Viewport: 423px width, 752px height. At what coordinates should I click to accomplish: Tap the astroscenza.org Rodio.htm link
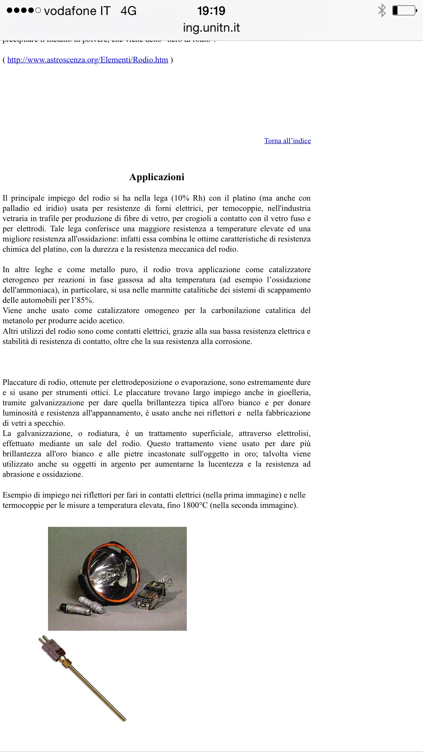click(88, 60)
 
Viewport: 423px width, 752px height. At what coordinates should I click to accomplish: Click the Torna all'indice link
click(287, 141)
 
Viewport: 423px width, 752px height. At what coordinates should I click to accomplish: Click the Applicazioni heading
click(157, 177)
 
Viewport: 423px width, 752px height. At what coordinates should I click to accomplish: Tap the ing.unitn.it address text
click(211, 28)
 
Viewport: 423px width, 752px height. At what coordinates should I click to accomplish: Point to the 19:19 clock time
click(211, 11)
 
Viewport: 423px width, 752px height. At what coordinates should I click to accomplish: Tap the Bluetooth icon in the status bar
click(382, 11)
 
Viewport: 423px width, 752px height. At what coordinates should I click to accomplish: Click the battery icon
click(404, 11)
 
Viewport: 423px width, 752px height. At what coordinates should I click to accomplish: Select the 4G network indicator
click(128, 11)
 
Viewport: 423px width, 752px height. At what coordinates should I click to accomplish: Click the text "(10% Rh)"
click(188, 198)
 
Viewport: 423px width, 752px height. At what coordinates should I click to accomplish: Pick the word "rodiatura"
click(104, 434)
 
